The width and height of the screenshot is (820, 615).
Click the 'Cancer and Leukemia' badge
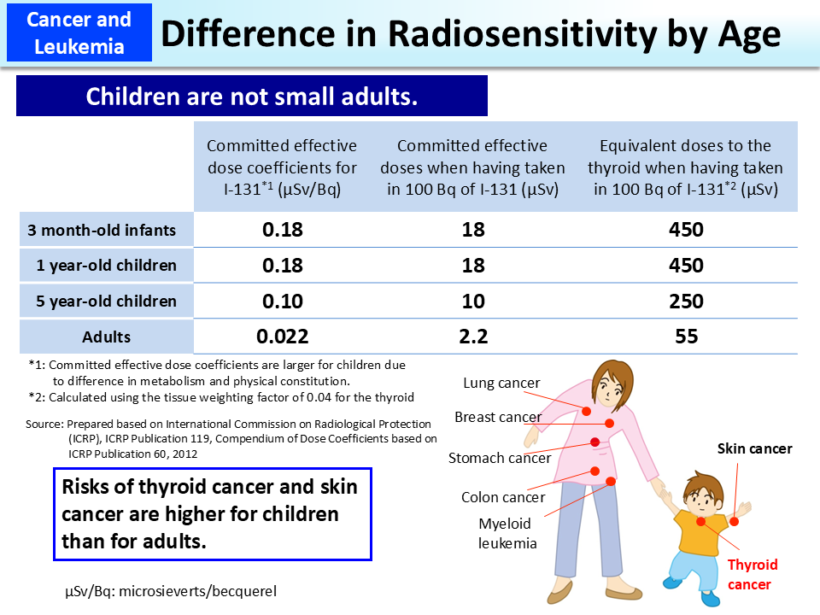pos(78,32)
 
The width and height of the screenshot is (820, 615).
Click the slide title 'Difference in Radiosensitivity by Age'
pos(471,33)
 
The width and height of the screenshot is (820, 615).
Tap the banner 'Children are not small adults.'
pos(251,96)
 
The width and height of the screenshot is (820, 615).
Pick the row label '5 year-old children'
pos(107,301)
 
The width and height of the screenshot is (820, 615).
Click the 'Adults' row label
pos(107,337)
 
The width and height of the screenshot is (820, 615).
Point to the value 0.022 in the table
pos(281,337)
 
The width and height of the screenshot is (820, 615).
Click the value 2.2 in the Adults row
pos(472,337)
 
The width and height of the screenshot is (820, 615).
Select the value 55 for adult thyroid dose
pos(686,337)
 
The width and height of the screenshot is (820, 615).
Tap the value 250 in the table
pos(686,301)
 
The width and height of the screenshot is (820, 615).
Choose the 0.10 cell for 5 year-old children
pos(281,301)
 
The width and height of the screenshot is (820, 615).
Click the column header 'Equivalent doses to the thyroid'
pos(685,167)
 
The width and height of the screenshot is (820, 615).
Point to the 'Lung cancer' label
pos(501,383)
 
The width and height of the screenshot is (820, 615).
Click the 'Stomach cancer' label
pos(500,458)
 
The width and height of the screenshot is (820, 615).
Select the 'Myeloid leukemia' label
pos(504,533)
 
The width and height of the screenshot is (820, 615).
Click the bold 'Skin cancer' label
pos(754,448)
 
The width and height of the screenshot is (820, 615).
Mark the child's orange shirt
pos(697,530)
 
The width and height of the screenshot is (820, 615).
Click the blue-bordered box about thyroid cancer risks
pos(212,513)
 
